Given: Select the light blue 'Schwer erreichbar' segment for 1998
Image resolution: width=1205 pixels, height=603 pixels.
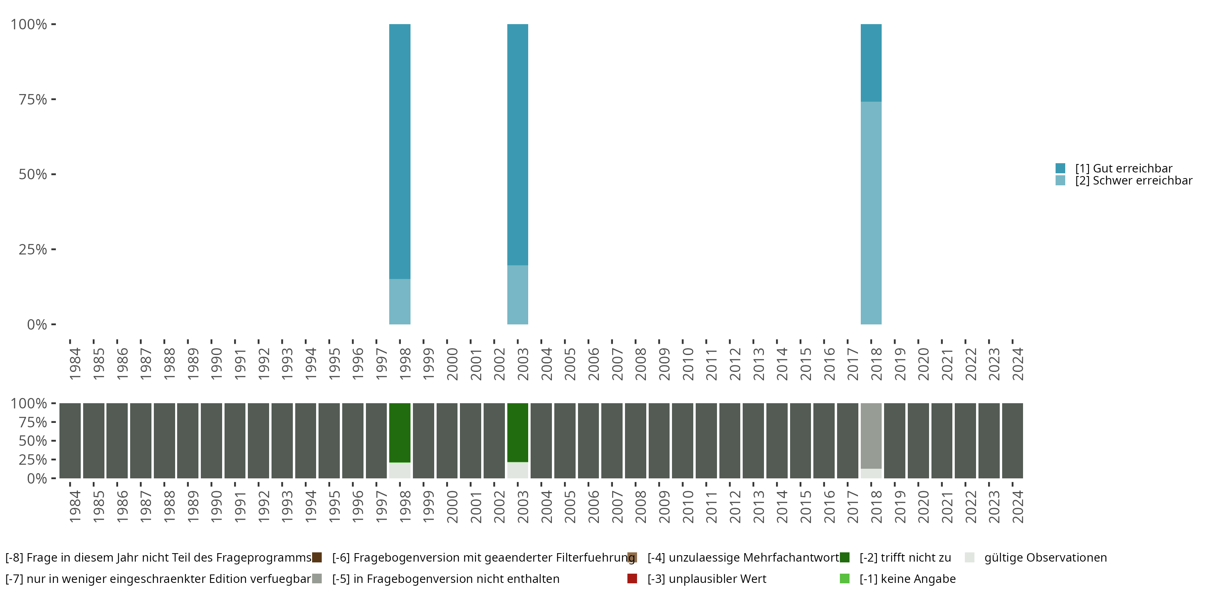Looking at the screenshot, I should (400, 301).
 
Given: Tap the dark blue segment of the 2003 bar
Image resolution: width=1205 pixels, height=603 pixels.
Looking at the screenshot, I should (517, 145).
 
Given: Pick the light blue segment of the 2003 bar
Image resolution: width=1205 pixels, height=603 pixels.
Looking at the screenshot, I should (517, 295).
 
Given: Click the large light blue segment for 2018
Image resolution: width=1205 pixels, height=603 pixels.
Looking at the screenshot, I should (871, 213).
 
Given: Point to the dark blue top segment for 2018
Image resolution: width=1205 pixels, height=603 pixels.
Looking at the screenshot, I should (871, 63).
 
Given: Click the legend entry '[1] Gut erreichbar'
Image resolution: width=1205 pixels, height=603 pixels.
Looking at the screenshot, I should (1123, 168).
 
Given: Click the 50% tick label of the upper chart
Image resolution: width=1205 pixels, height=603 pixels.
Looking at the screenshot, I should (33, 174).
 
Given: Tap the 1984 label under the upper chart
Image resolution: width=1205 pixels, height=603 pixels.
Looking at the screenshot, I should (75, 364).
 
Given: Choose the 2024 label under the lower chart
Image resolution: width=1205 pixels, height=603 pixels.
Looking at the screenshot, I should (1018, 507).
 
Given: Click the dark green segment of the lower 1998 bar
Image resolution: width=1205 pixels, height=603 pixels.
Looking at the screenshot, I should (400, 433).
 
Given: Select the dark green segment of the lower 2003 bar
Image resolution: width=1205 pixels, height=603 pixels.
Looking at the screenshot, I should (517, 433).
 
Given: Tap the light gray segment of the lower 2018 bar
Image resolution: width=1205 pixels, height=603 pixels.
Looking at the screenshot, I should (871, 435).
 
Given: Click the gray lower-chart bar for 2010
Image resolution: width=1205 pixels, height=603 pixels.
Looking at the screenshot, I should (682, 441).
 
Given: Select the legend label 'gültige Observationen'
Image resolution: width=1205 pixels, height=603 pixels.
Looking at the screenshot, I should (1045, 558).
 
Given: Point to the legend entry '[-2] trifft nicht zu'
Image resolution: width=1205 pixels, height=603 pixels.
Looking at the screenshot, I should (905, 558).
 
